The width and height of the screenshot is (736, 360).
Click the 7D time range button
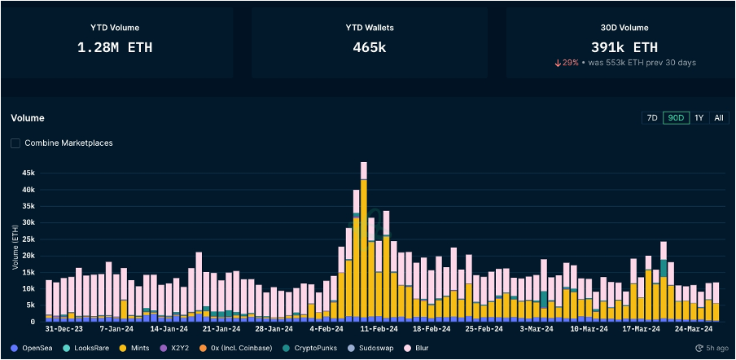pos(652,117)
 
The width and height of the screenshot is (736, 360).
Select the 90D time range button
pos(675,117)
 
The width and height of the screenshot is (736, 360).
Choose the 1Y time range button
pos(699,117)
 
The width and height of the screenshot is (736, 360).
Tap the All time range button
pos(718,117)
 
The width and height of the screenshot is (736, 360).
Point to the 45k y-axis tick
pos(28,173)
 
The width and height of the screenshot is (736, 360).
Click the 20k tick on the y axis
pos(28,256)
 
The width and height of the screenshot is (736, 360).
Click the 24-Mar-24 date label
pos(693,329)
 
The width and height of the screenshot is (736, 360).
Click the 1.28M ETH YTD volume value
pos(115,47)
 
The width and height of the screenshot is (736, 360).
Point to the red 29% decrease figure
pos(567,63)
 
